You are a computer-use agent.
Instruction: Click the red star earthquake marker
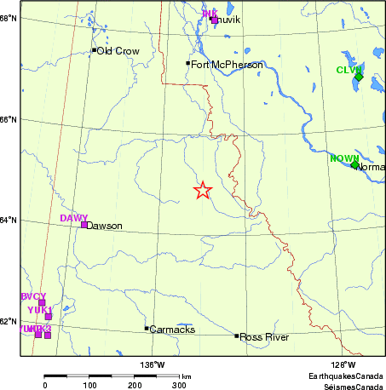click(x=202, y=190)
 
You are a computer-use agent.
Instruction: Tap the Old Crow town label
click(x=117, y=51)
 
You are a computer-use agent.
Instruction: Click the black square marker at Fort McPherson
click(x=188, y=63)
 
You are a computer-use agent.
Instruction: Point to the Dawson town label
click(x=105, y=226)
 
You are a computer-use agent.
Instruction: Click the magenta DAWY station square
click(x=84, y=225)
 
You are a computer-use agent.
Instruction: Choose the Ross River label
click(x=264, y=337)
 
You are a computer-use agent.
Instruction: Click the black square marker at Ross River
click(x=237, y=336)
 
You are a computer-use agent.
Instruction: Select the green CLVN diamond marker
click(x=358, y=77)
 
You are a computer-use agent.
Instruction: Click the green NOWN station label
click(x=344, y=158)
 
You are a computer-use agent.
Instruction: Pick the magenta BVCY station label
click(x=32, y=295)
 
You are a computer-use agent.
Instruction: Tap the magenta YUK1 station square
click(x=49, y=317)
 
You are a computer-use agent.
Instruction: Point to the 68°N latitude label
click(x=9, y=17)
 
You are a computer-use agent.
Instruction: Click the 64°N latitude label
click(x=9, y=221)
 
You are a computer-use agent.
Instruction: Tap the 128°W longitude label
click(x=343, y=364)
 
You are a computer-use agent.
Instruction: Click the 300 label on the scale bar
click(x=178, y=385)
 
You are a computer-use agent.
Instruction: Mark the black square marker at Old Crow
click(x=94, y=50)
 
